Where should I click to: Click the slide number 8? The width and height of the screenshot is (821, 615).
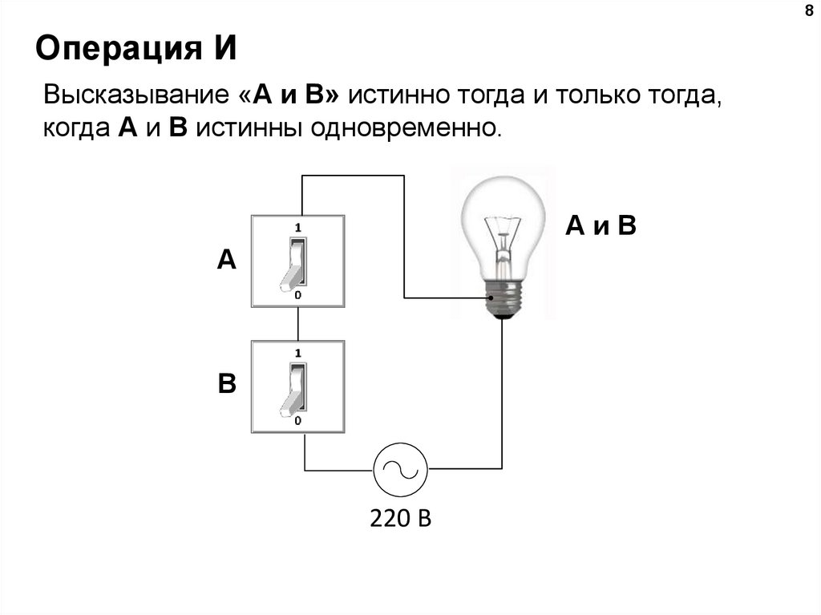pyautogui.click(x=809, y=10)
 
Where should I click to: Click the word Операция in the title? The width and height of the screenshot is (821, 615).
pyautogui.click(x=119, y=48)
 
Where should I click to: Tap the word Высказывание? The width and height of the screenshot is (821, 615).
pyautogui.click(x=136, y=95)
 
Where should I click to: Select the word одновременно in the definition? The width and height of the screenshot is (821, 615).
pyautogui.click(x=406, y=127)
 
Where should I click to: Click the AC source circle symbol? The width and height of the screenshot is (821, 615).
pyautogui.click(x=400, y=469)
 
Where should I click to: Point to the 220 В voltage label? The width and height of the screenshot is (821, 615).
pyautogui.click(x=401, y=518)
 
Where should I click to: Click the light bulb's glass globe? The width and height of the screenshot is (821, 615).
pyautogui.click(x=503, y=225)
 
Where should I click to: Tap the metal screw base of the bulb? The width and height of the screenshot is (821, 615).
pyautogui.click(x=503, y=298)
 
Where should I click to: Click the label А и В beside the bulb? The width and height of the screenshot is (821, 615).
pyautogui.click(x=601, y=226)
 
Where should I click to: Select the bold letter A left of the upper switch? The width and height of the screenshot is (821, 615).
pyautogui.click(x=227, y=259)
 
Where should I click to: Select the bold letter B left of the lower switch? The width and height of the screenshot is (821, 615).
pyautogui.click(x=227, y=383)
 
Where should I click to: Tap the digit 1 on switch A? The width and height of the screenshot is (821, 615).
pyautogui.click(x=298, y=228)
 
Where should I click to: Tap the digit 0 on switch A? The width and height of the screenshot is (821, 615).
pyautogui.click(x=298, y=295)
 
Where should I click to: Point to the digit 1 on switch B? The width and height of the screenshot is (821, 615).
pyautogui.click(x=298, y=353)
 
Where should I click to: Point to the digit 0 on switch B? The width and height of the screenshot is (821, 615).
pyautogui.click(x=298, y=421)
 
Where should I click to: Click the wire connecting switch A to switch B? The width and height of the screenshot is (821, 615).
pyautogui.click(x=298, y=324)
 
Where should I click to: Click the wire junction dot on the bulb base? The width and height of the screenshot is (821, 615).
pyautogui.click(x=491, y=298)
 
